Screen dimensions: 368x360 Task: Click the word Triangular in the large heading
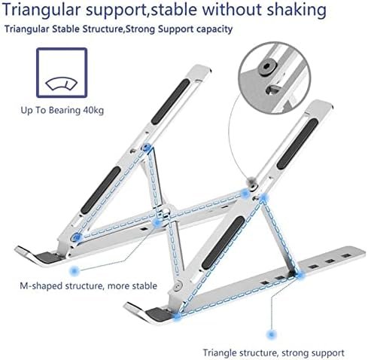click(x=41, y=10)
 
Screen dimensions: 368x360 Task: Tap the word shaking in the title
click(x=297, y=10)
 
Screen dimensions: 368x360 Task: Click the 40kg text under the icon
click(x=93, y=111)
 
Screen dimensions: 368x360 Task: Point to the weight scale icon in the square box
click(x=62, y=84)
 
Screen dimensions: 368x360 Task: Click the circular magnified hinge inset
click(x=275, y=78)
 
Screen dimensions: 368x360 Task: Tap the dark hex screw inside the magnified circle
click(x=266, y=67)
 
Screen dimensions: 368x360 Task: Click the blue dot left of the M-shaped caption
click(x=74, y=271)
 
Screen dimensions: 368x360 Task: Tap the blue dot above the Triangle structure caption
click(x=271, y=334)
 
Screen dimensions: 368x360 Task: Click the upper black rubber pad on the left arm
click(x=170, y=102)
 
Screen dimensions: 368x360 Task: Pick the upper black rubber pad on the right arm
click(x=298, y=144)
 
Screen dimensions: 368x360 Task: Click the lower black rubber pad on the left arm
click(x=101, y=191)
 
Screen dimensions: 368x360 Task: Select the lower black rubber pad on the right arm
click(x=224, y=243)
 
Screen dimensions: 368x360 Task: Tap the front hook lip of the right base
click(x=137, y=310)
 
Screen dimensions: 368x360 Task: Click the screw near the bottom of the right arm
click(x=178, y=285)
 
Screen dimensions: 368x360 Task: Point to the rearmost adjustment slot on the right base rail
click(x=346, y=256)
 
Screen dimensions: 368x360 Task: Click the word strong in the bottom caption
click(x=297, y=353)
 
